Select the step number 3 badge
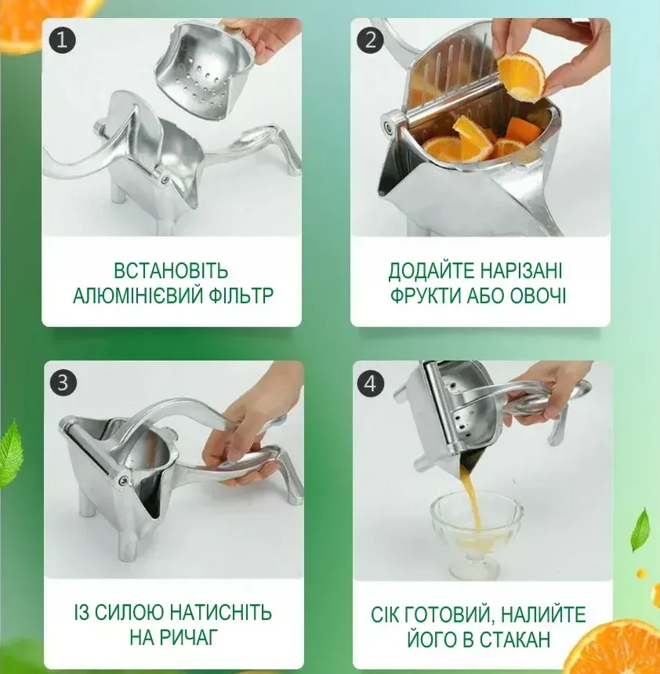click(x=63, y=382)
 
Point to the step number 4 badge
click(x=371, y=384)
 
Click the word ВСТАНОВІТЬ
click(x=171, y=271)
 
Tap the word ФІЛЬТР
click(x=241, y=295)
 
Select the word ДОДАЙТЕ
click(x=430, y=271)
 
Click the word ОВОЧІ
click(x=538, y=295)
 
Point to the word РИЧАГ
click(x=187, y=637)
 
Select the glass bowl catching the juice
click(x=477, y=535)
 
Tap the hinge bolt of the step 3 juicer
click(x=122, y=479)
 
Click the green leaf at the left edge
click(x=11, y=453)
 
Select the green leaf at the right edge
click(x=640, y=530)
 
